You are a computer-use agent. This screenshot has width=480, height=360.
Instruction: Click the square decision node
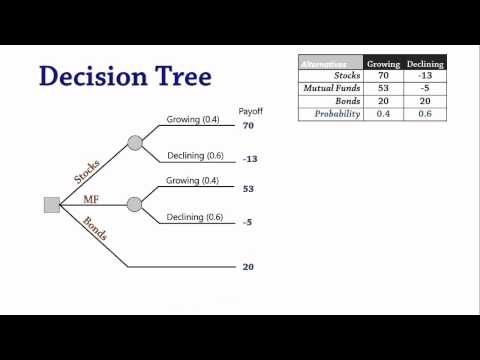52,205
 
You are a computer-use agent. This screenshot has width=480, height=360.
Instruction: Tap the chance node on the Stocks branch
135,142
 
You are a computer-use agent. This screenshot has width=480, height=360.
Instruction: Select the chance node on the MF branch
135,204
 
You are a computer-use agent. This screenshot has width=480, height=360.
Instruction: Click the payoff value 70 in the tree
248,127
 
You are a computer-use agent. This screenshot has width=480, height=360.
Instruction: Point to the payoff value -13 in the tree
250,159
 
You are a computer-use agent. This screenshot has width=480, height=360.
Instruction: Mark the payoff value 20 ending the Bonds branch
248,267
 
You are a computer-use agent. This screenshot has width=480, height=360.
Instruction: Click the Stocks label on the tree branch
87,171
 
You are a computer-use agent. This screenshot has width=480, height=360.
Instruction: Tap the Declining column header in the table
425,63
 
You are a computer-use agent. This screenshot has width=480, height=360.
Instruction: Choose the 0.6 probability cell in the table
425,113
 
